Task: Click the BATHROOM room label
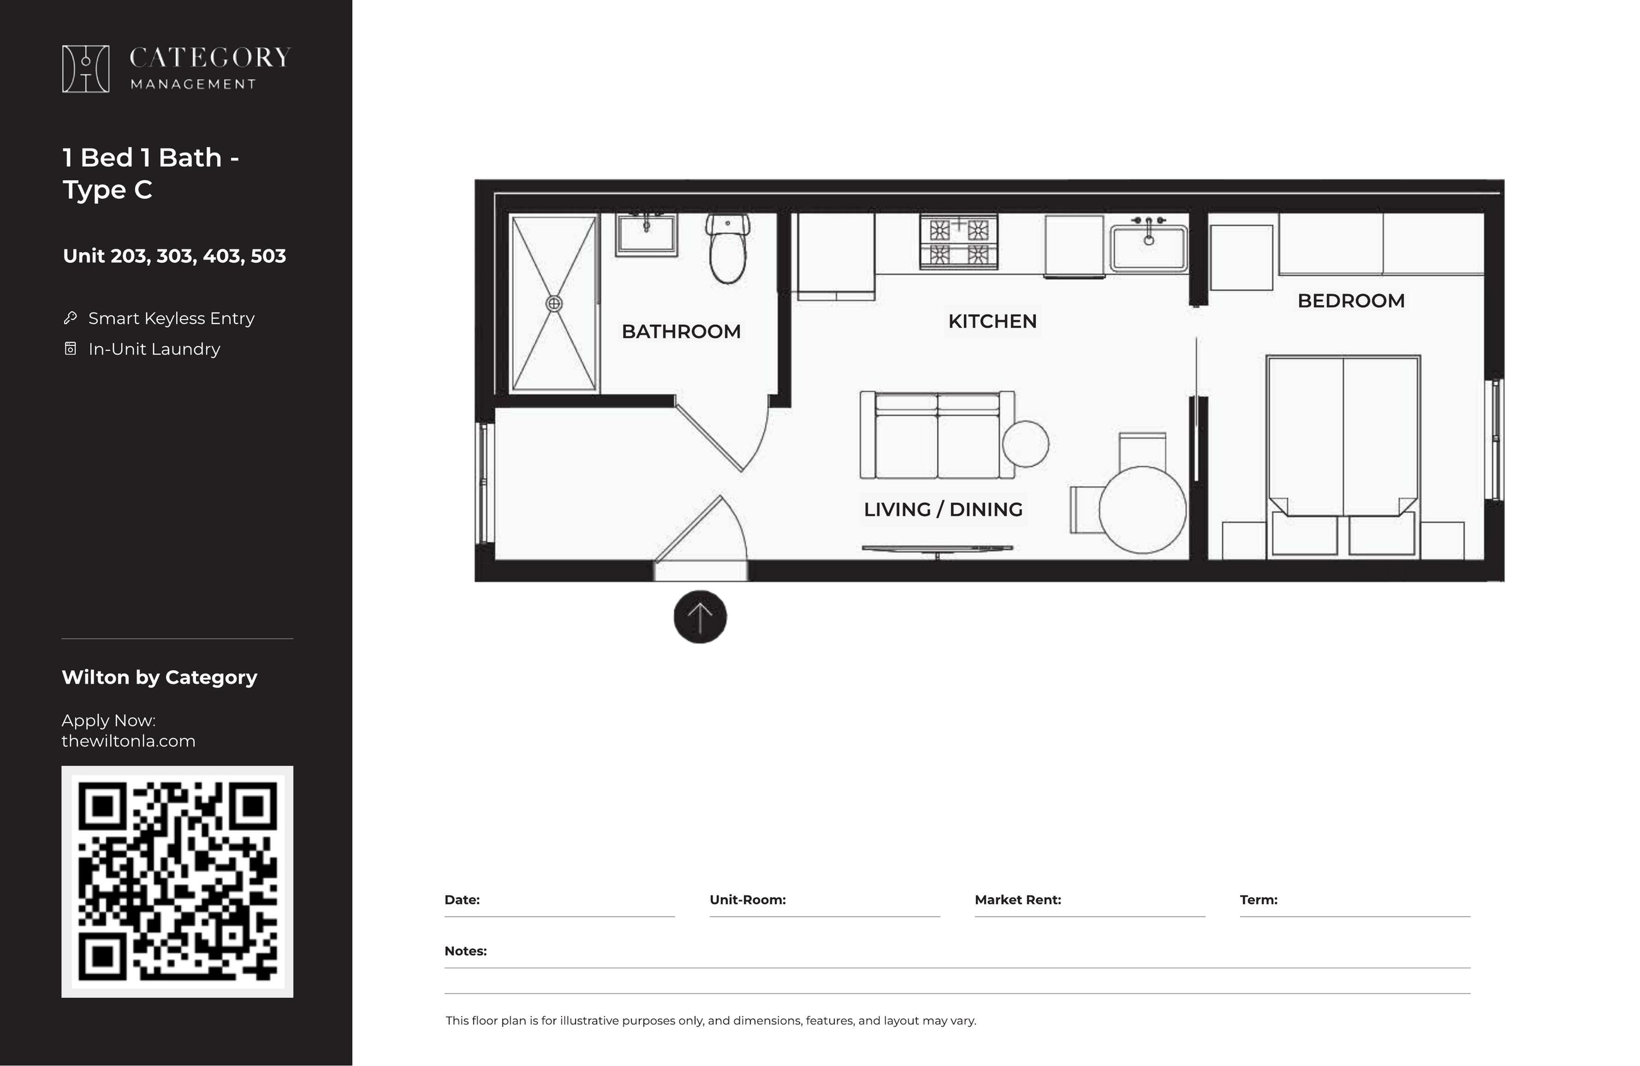(681, 332)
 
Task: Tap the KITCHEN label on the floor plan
(992, 321)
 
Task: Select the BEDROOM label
(1350, 301)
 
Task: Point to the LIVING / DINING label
(943, 509)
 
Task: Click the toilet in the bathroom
(728, 248)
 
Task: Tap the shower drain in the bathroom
(554, 303)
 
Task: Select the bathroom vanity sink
(646, 234)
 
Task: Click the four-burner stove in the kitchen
(958, 241)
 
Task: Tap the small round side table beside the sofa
(1025, 444)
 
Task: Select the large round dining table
(1142, 510)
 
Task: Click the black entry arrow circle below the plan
(700, 617)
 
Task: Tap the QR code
(177, 881)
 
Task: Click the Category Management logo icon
(85, 69)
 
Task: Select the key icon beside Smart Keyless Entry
(70, 318)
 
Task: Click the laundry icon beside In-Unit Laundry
(70, 349)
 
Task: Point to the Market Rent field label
(1018, 900)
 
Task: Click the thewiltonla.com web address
(128, 741)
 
